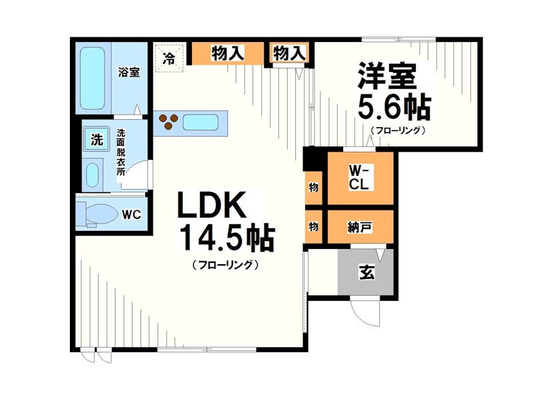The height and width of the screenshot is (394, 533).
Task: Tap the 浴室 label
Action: [x=129, y=73]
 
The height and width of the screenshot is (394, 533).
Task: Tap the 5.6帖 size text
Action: [x=393, y=106]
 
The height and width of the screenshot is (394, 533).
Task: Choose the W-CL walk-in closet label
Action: [x=359, y=178]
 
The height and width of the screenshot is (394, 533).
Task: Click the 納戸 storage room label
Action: [x=360, y=227]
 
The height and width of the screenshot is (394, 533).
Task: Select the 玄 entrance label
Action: [x=366, y=272]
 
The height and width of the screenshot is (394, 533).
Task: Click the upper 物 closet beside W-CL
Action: [x=313, y=188]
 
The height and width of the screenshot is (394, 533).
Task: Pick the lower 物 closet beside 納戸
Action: [x=313, y=227]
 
